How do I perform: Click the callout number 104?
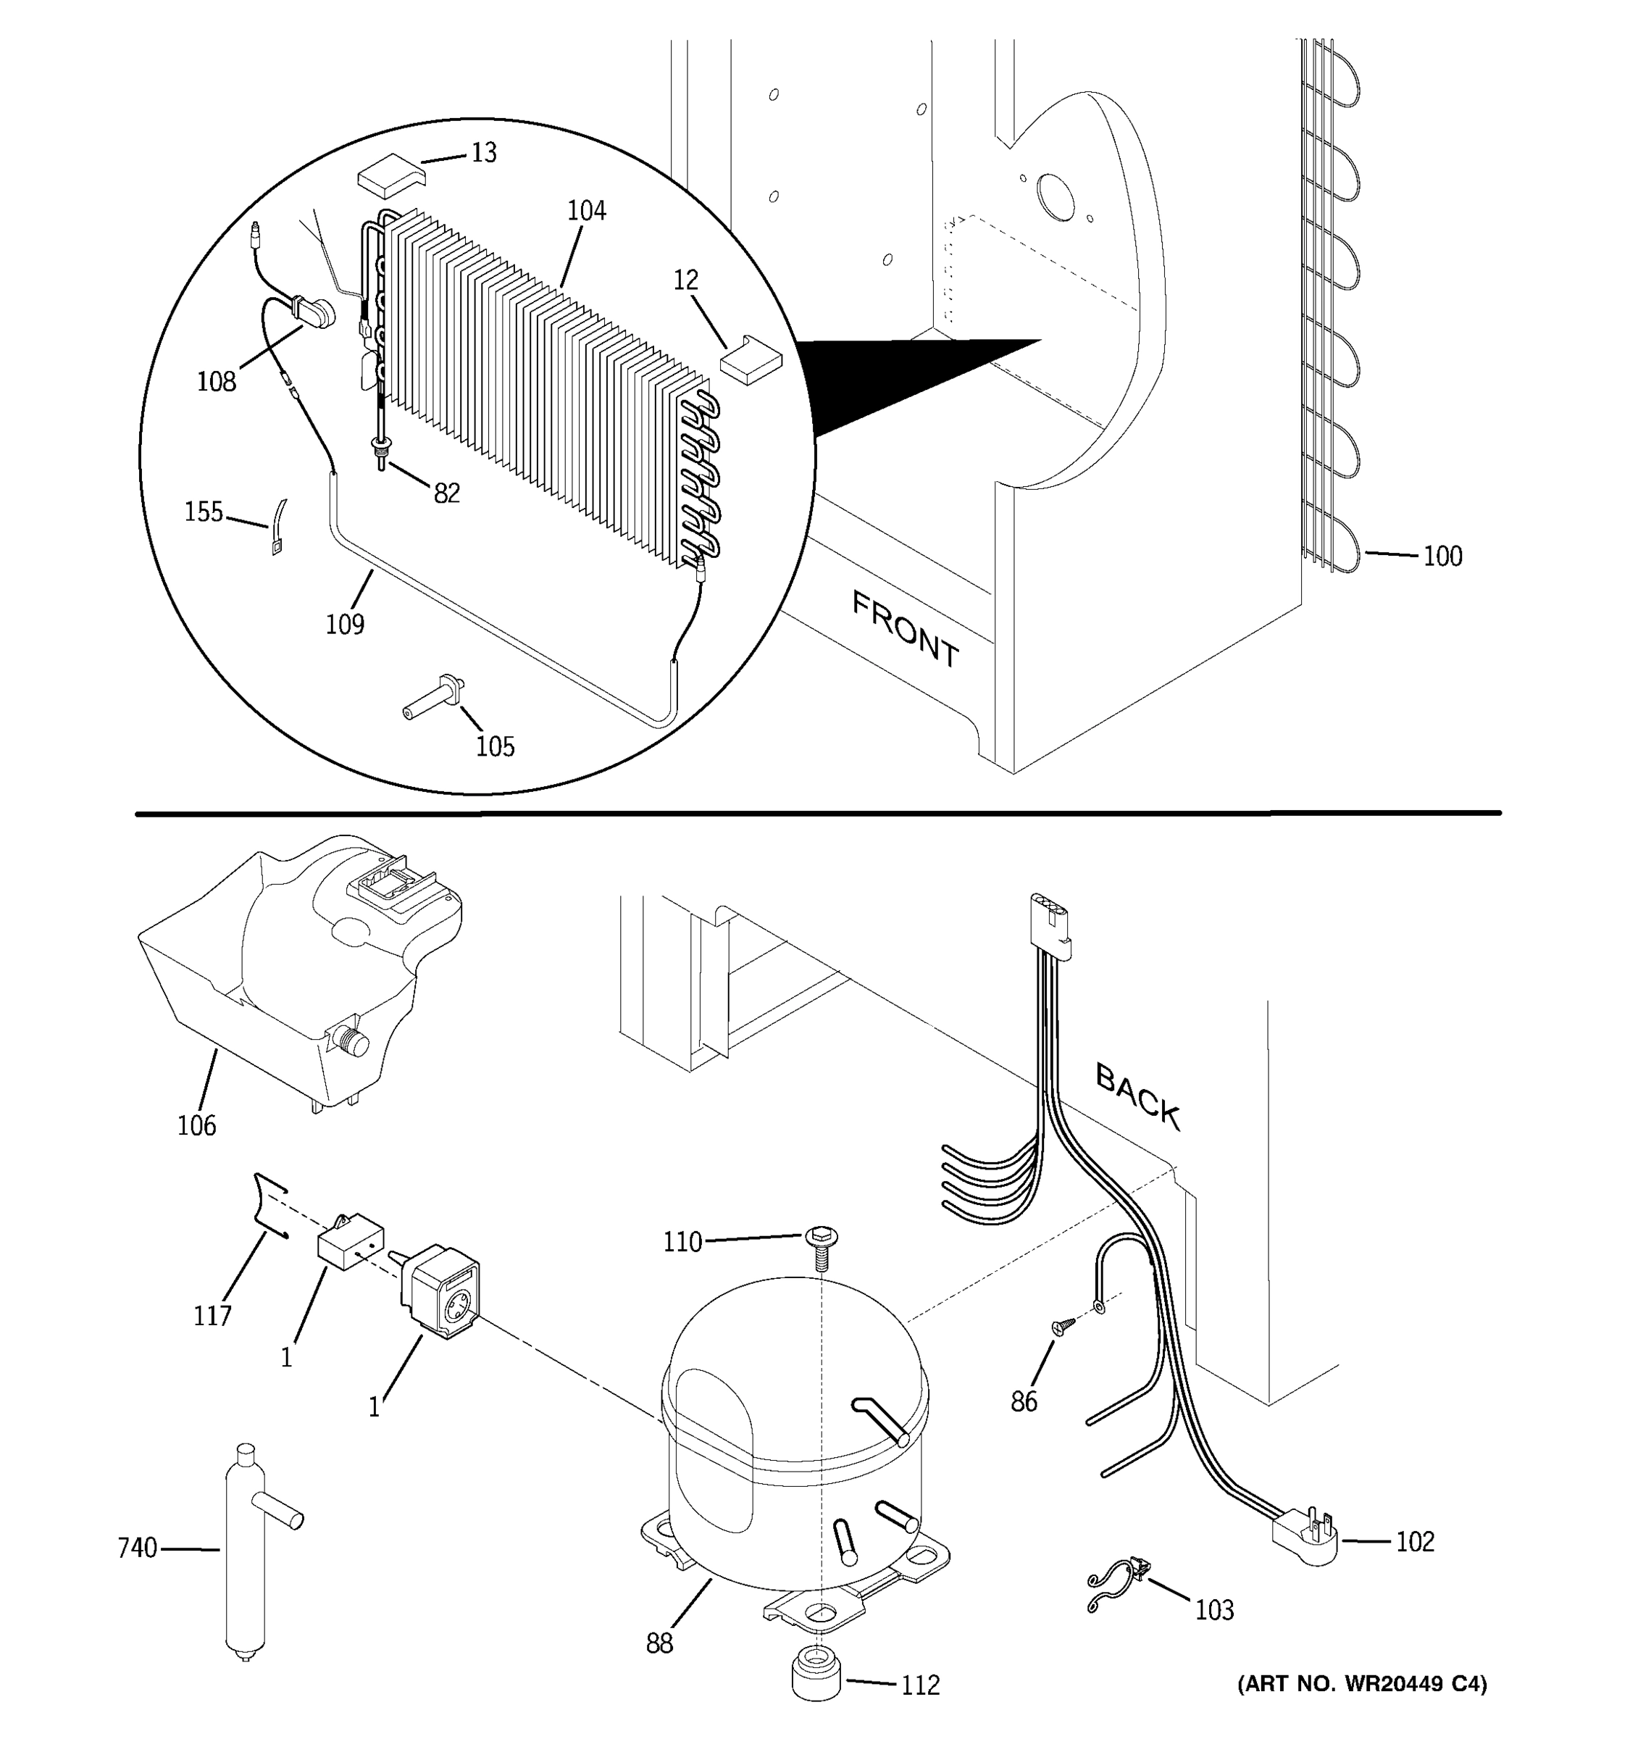coord(586,211)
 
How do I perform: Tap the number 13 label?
coord(484,153)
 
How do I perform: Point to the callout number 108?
coord(216,383)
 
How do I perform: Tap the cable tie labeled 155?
coord(278,527)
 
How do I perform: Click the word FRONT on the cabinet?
coord(905,629)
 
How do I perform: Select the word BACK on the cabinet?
coord(1137,1096)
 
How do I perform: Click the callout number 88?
coord(659,1643)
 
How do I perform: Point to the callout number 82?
coord(447,494)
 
